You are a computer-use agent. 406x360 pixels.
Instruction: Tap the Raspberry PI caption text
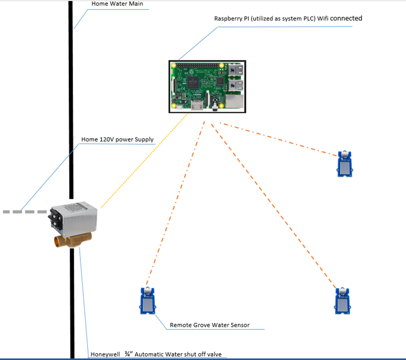click(x=288, y=19)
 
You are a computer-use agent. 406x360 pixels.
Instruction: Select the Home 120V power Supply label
click(x=117, y=140)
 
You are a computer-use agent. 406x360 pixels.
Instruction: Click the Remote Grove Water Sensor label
click(x=210, y=325)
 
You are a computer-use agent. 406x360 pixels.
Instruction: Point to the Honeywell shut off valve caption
click(x=158, y=354)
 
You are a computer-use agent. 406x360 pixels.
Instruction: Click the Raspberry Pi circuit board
click(x=207, y=87)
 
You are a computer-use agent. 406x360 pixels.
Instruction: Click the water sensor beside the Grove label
click(x=148, y=301)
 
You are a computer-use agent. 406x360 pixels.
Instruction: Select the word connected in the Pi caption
click(x=346, y=18)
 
